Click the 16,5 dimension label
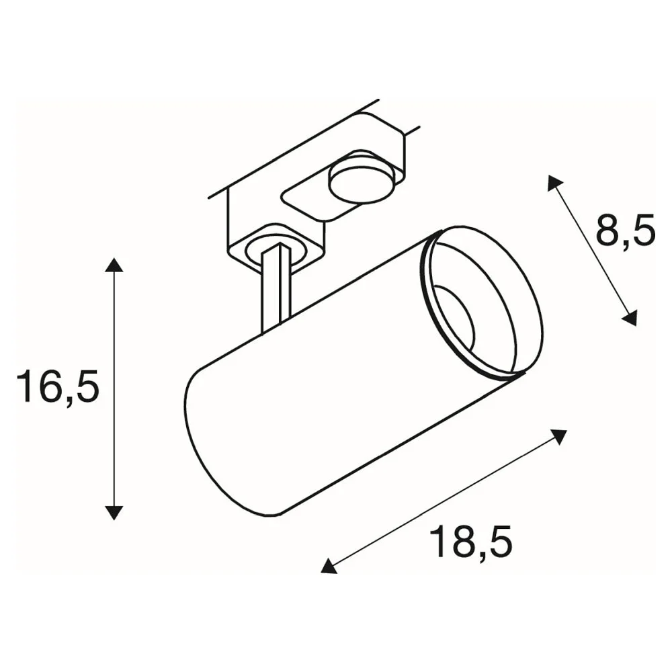pyautogui.click(x=58, y=388)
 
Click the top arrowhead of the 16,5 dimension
pyautogui.click(x=114, y=265)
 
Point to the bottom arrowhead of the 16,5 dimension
pyautogui.click(x=114, y=513)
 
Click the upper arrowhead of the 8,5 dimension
pyautogui.click(x=556, y=183)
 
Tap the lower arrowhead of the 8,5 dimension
pyautogui.click(x=629, y=318)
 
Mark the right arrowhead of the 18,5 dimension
pyautogui.click(x=558, y=437)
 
